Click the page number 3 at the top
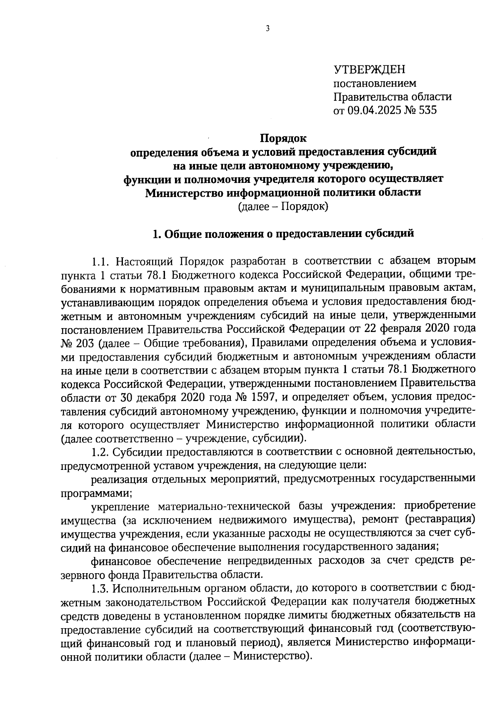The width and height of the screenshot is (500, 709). point(267,28)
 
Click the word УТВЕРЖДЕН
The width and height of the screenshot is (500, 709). point(369,69)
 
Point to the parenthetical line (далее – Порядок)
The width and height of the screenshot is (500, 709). point(283,206)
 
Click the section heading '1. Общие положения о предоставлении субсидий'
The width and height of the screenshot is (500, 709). point(283,234)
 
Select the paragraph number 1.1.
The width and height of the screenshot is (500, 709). point(100,262)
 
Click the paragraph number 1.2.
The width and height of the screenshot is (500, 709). point(100,452)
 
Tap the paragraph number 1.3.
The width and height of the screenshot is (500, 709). point(100,588)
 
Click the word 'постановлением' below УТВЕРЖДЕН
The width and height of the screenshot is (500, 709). point(375,83)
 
